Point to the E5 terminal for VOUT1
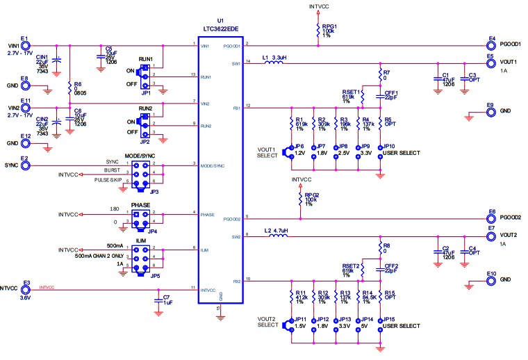490,63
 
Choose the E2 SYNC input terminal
25,165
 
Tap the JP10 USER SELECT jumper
381,148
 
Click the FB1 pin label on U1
236,108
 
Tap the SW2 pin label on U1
236,237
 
